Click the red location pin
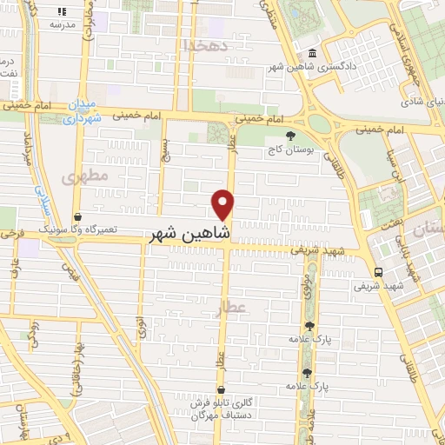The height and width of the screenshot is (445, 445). pyautogui.click(x=223, y=204)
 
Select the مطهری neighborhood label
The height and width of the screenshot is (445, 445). pyautogui.click(x=84, y=176)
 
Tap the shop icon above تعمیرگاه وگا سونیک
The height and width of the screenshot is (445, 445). pyautogui.click(x=78, y=216)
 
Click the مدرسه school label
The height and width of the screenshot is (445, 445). pyautogui.click(x=63, y=25)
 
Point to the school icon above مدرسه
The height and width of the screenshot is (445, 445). pyautogui.click(x=63, y=12)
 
